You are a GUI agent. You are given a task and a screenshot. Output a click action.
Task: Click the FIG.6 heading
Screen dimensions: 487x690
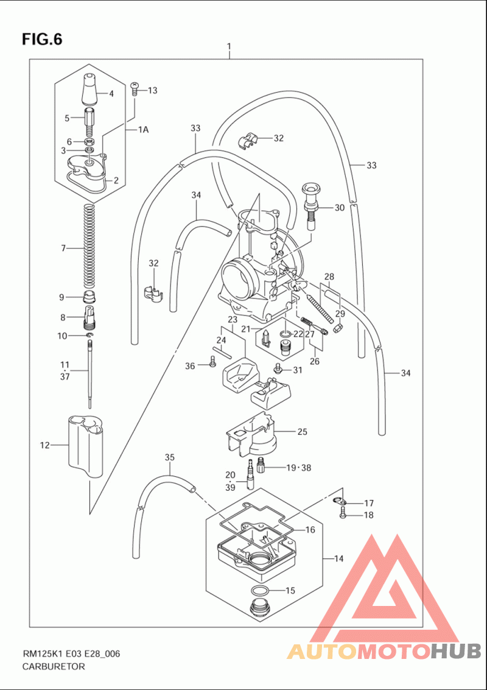tap(42, 39)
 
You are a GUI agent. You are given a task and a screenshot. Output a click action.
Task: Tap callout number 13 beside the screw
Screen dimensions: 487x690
tap(152, 91)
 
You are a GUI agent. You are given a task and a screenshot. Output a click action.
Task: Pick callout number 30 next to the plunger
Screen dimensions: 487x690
tap(339, 208)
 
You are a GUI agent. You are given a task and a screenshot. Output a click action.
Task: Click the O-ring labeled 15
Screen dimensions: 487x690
tap(261, 591)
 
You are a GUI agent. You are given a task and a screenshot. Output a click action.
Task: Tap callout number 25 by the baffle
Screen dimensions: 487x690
tap(302, 432)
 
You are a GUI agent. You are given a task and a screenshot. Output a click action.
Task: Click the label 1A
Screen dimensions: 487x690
tap(144, 130)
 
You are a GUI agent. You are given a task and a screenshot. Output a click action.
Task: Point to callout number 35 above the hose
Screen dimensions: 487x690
tap(170, 457)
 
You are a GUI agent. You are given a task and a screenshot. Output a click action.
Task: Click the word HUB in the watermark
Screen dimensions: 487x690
tap(455, 651)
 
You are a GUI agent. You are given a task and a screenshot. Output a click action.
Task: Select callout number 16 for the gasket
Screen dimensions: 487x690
tap(310, 530)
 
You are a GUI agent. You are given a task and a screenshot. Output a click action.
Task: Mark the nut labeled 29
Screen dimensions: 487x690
tap(338, 328)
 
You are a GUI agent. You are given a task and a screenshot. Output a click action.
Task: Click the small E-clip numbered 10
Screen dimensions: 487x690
tap(89, 336)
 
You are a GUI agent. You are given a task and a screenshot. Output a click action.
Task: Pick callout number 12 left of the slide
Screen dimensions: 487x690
tap(45, 445)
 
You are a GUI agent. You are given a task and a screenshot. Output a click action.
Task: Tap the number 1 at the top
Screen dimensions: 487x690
tap(229, 46)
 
